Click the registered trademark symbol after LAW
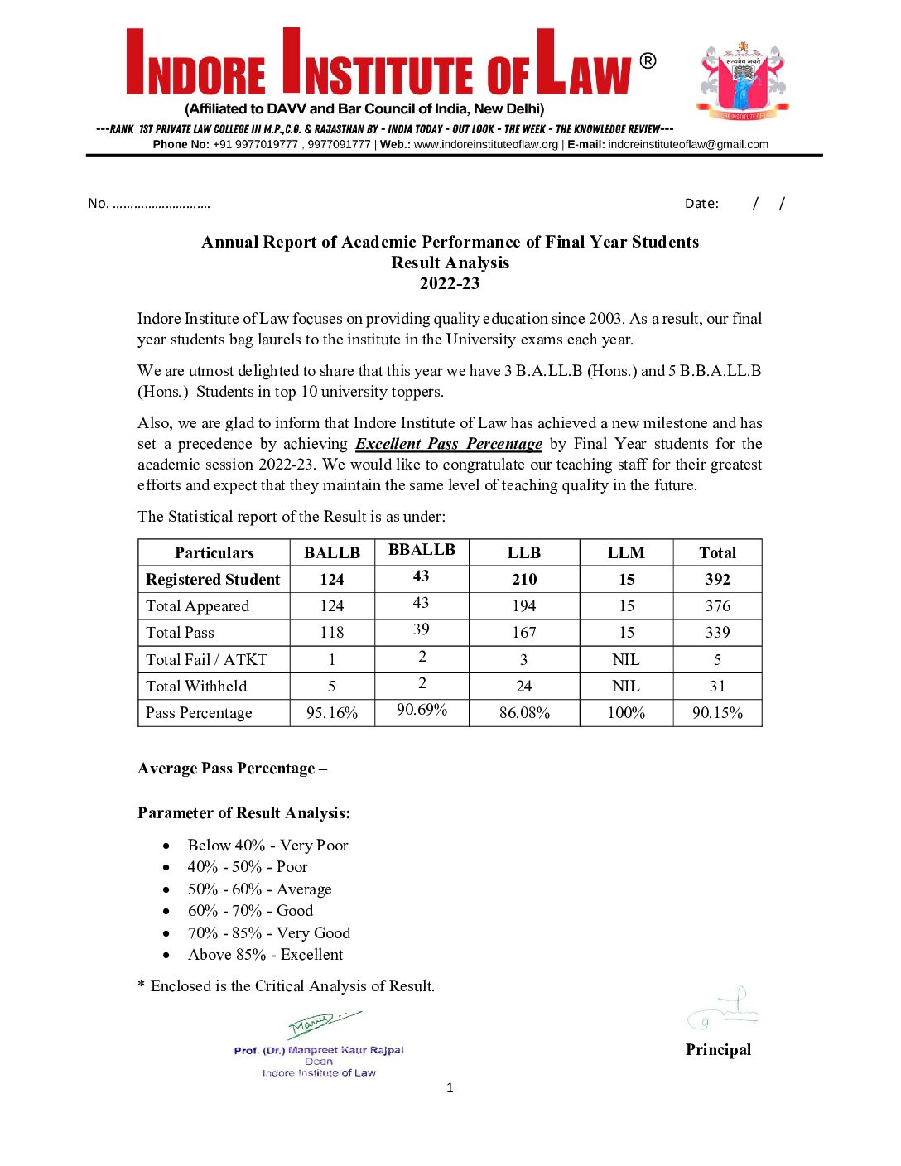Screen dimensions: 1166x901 [x=648, y=61]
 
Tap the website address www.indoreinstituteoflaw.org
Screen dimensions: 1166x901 [x=486, y=144]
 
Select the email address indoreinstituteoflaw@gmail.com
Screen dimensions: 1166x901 [x=688, y=144]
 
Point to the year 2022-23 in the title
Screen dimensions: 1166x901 [x=450, y=283]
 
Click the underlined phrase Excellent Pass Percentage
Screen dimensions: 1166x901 [x=449, y=444]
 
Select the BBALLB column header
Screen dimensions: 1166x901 [x=422, y=549]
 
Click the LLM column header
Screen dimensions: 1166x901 [x=626, y=552]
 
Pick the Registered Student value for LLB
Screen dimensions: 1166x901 [x=524, y=579]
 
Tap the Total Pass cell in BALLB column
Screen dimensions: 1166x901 [x=332, y=633]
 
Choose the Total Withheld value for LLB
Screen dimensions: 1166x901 [x=524, y=686]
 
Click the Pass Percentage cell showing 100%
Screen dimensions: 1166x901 [x=626, y=712]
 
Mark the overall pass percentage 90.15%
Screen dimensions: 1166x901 [x=717, y=712]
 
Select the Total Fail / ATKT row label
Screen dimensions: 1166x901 [x=206, y=659]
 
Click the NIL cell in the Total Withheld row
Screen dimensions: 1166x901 [x=626, y=686]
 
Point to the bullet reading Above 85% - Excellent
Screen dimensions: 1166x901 [x=265, y=954]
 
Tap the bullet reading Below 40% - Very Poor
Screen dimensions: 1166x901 [x=267, y=845]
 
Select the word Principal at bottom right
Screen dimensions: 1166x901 [x=718, y=1049]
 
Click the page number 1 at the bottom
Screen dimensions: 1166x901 [x=450, y=1087]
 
